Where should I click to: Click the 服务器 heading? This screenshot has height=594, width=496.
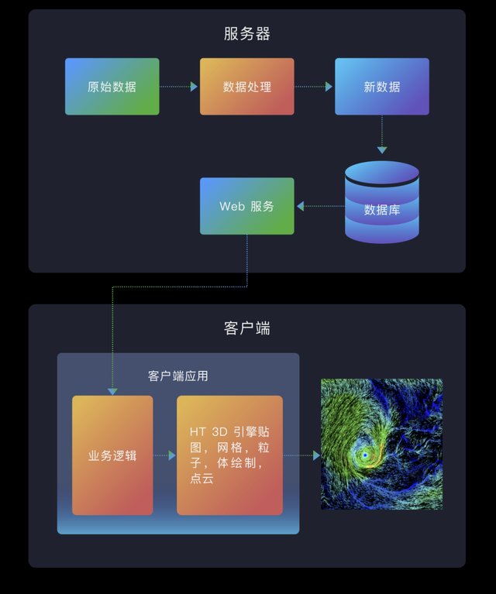(x=247, y=34)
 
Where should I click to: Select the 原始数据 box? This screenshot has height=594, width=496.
(x=112, y=87)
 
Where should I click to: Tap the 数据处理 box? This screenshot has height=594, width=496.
(x=247, y=87)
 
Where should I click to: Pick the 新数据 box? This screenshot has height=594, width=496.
(x=382, y=87)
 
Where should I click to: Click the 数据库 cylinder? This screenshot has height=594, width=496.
(x=382, y=202)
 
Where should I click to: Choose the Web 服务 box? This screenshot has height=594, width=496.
(x=247, y=206)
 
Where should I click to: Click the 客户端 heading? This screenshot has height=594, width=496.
(x=247, y=328)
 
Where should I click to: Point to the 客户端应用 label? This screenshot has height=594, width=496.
(x=177, y=376)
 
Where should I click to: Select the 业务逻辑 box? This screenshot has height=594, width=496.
(x=112, y=455)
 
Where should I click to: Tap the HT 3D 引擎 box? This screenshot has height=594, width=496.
(x=230, y=455)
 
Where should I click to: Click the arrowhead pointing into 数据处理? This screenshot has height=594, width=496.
(x=194, y=87)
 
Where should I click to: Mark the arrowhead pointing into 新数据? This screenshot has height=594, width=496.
(x=329, y=87)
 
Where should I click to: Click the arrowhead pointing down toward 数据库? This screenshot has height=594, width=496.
(x=382, y=150)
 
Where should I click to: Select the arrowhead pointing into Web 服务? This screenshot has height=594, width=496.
(x=301, y=206)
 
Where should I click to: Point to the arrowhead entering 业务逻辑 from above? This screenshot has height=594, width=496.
(x=112, y=392)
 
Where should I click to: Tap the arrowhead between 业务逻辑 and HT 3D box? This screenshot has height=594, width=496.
(x=172, y=455)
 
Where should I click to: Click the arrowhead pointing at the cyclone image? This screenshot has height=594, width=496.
(x=316, y=455)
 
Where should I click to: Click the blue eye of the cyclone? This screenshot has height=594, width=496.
(x=365, y=455)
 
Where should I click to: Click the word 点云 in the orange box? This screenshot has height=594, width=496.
(x=201, y=478)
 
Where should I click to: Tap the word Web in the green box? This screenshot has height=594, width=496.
(x=232, y=207)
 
